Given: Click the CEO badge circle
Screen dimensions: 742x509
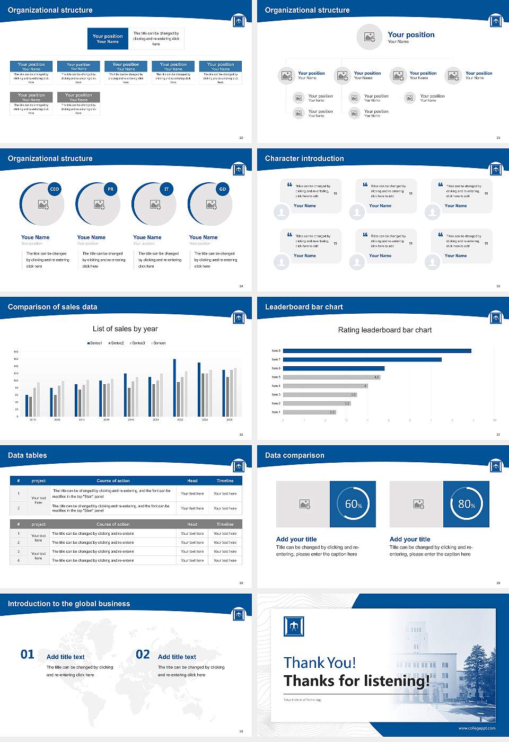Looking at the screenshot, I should point(54,189).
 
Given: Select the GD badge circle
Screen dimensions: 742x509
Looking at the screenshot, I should point(223,189).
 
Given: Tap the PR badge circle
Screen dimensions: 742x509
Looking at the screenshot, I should point(110,189).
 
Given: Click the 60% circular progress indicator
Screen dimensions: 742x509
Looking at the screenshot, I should point(353,504).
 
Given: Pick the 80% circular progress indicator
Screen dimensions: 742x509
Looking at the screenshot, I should point(466,504).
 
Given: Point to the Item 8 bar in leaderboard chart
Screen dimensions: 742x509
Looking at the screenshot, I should point(377,351).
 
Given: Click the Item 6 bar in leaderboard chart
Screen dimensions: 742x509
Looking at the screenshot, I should point(334,368).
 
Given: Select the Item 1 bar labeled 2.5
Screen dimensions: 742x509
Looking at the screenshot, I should point(310,412).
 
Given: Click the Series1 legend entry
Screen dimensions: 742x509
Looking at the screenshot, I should point(95,343).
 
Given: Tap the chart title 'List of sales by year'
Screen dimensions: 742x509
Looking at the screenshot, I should point(125,329).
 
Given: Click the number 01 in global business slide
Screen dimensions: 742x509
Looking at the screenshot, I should point(28,655).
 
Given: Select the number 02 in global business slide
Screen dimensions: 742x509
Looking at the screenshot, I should point(143,655).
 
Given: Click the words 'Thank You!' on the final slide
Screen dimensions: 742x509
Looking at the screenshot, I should point(320,662).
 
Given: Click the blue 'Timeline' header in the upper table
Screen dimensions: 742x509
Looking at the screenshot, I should point(225,481).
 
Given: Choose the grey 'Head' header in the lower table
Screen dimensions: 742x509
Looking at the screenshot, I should point(192,524).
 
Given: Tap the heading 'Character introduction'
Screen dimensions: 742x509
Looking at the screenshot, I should point(304,158).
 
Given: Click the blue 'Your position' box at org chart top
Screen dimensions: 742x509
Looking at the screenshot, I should point(108,39).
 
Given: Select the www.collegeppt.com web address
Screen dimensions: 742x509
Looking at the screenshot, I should point(477,728).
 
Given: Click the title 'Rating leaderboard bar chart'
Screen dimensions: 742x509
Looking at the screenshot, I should point(385,330).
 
